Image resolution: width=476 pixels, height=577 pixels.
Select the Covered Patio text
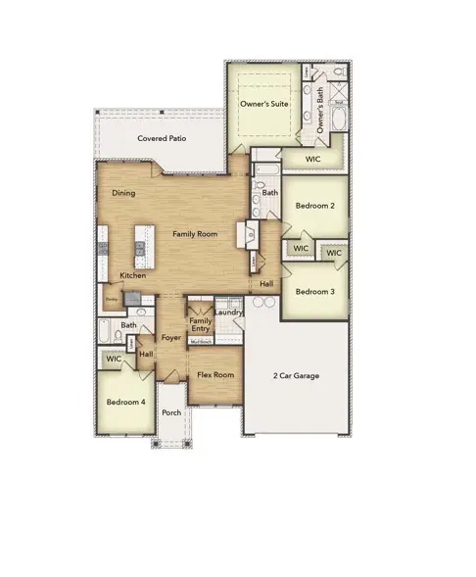click(162, 139)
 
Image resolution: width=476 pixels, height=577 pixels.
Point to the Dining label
click(123, 193)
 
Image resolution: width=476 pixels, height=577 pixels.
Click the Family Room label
click(195, 234)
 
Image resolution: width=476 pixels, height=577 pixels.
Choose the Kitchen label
click(133, 275)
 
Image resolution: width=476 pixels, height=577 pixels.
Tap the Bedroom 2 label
click(315, 206)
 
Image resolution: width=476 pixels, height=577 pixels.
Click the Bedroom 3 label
click(315, 292)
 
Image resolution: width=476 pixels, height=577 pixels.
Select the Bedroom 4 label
click(125, 403)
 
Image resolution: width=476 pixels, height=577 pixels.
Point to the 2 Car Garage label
click(296, 375)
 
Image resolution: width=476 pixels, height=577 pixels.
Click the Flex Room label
click(215, 375)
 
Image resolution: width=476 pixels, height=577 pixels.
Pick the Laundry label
click(228, 313)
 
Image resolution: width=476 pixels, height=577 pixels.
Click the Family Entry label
click(200, 324)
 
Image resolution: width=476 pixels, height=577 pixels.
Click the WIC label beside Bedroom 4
click(113, 360)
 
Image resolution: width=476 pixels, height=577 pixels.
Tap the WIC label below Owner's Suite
click(312, 158)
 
